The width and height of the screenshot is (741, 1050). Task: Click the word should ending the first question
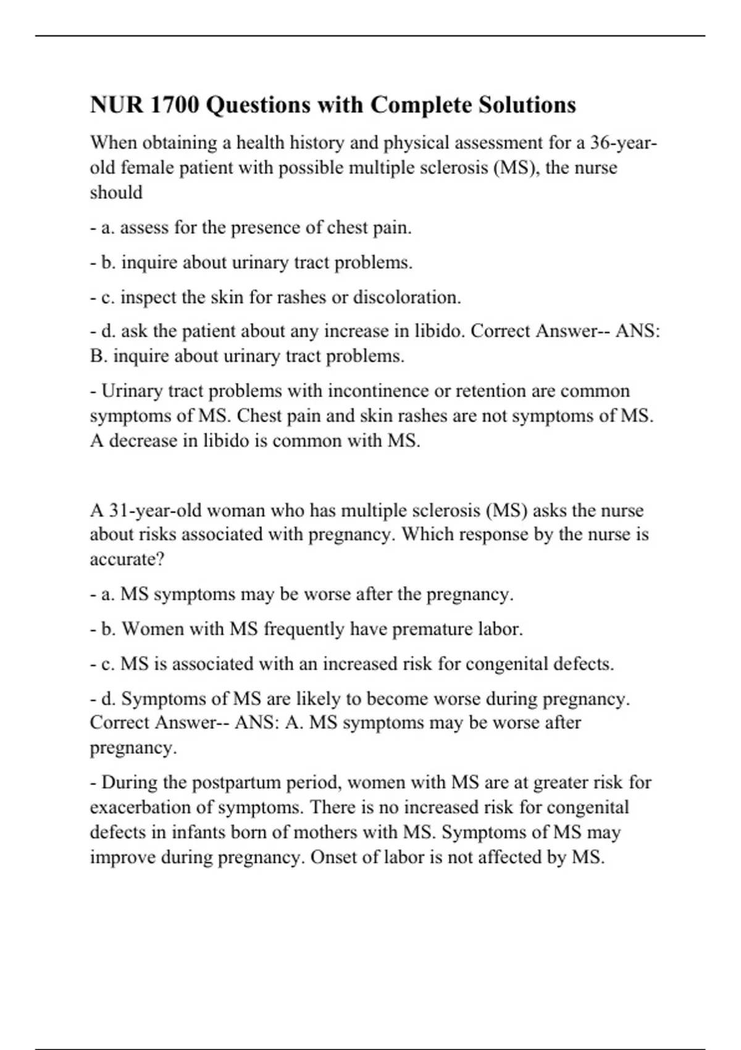pyautogui.click(x=116, y=192)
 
